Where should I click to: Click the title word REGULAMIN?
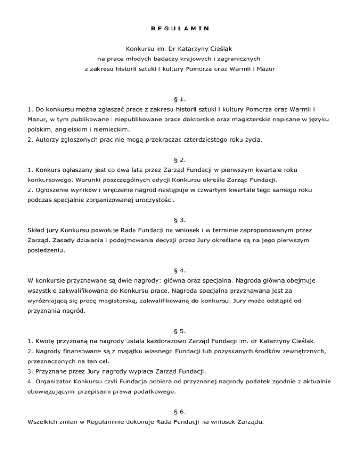180,29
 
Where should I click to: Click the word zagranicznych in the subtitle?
239,59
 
